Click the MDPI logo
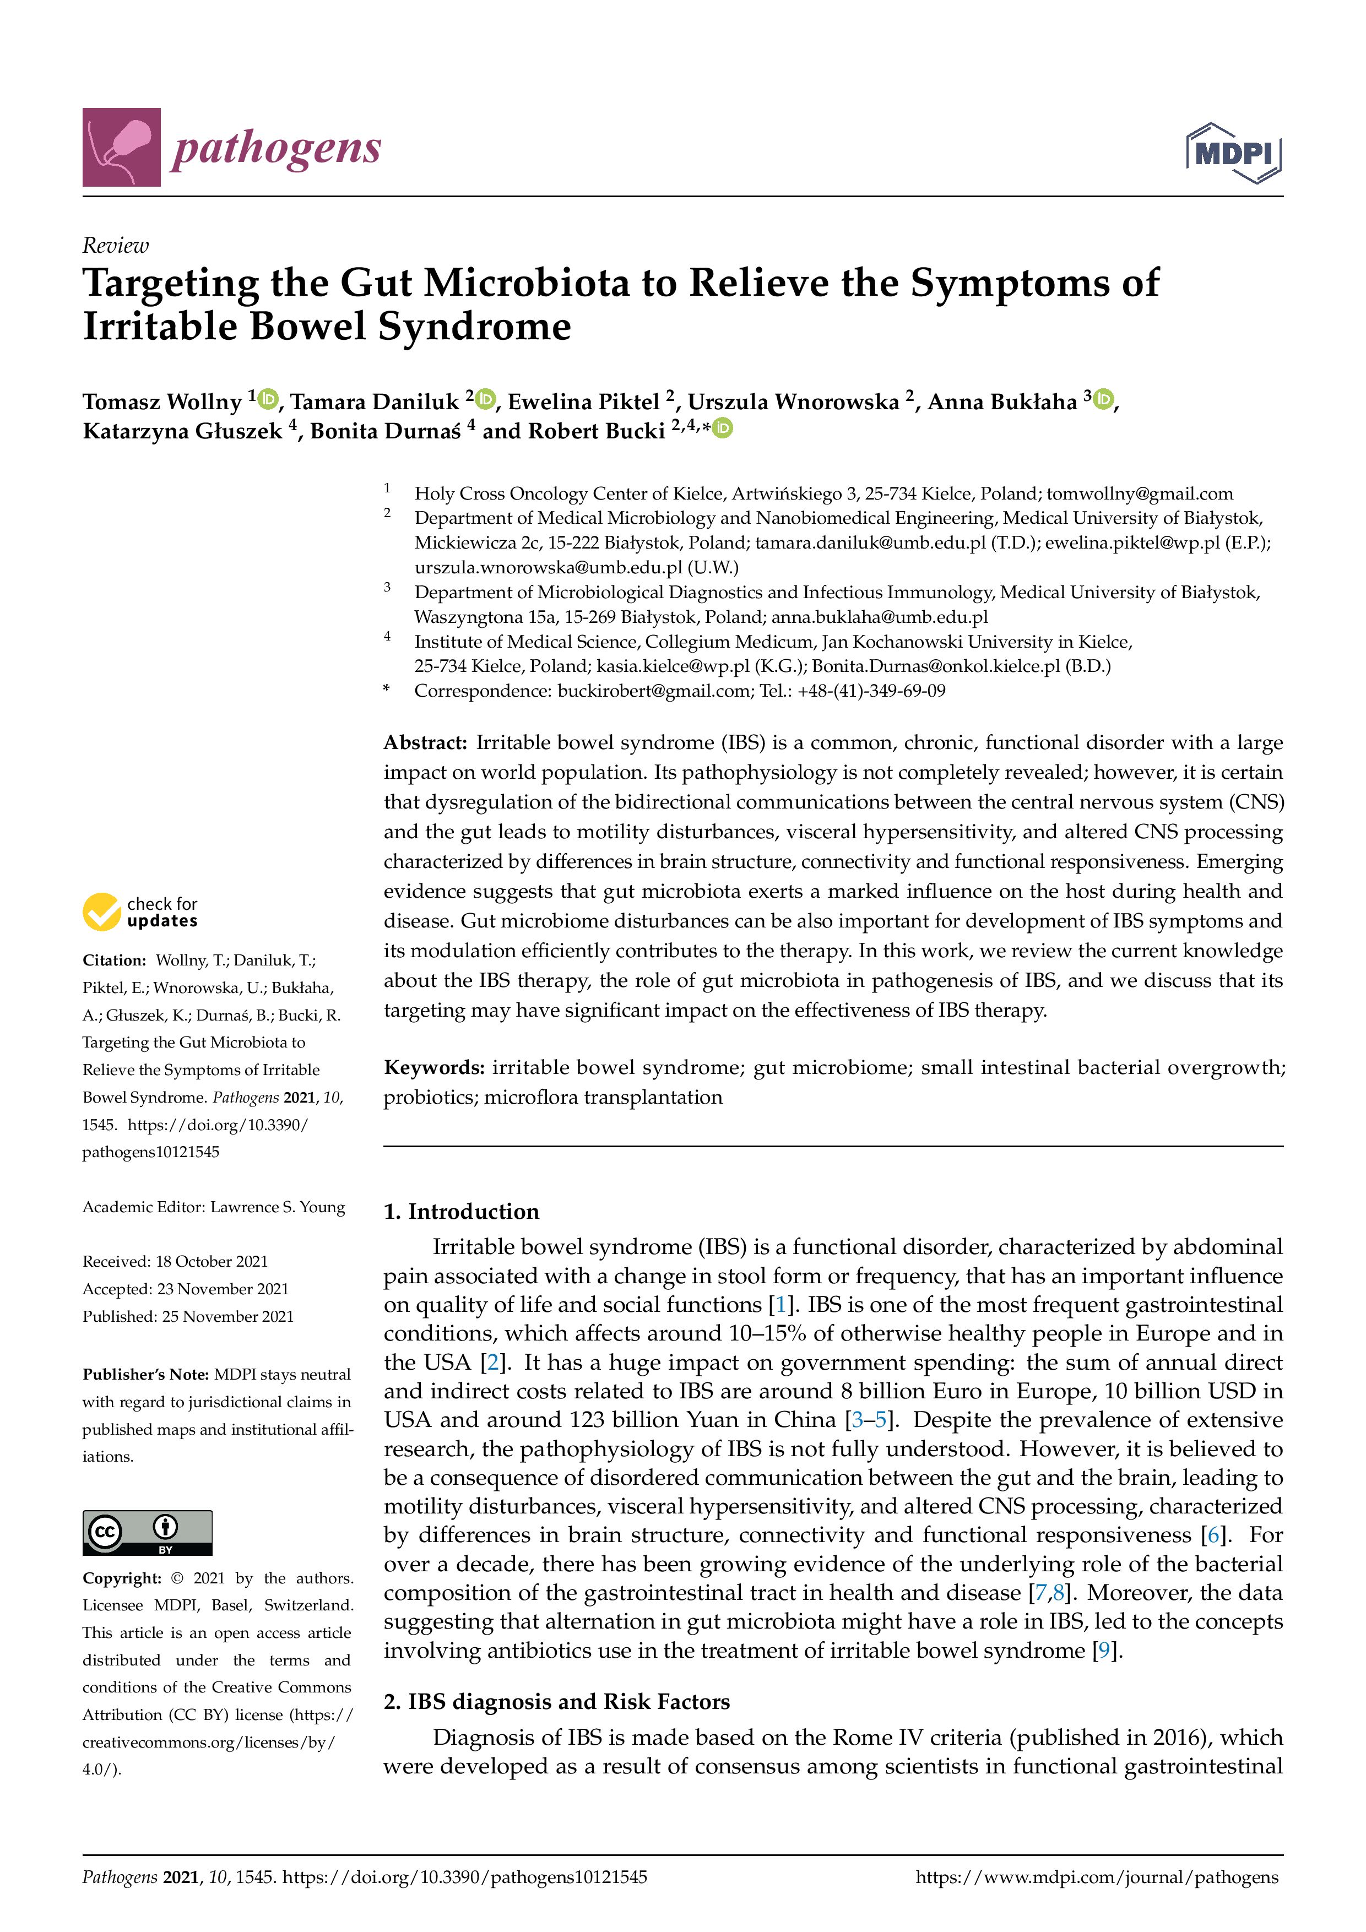tap(1233, 153)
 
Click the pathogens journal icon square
tap(121, 146)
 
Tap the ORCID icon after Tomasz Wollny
tap(268, 399)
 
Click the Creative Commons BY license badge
tap(147, 1532)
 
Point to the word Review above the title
tap(115, 246)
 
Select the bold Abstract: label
tap(425, 742)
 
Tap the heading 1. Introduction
tap(461, 1211)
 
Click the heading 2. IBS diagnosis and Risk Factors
tap(556, 1701)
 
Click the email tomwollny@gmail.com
tap(1140, 494)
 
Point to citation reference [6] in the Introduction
tap(1213, 1535)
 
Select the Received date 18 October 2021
tap(212, 1261)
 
